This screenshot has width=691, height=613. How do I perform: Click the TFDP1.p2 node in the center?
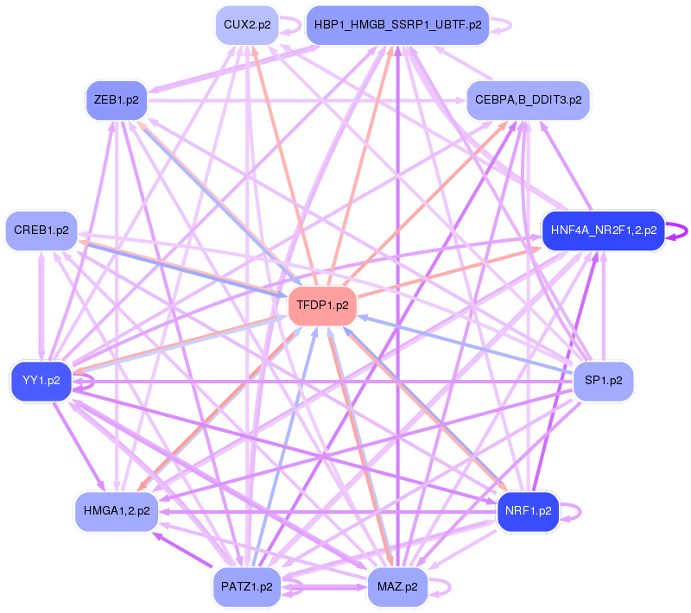[x=322, y=306]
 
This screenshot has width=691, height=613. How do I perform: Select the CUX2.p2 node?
[x=247, y=25]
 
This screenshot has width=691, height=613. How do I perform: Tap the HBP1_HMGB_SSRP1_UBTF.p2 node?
[x=397, y=25]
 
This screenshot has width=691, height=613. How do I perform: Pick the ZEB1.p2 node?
[x=116, y=100]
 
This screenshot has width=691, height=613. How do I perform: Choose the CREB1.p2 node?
[x=41, y=231]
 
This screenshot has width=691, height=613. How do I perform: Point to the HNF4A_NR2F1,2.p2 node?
[x=602, y=231]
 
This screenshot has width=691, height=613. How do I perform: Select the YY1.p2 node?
[x=41, y=381]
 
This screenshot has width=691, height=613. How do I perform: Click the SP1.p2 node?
[x=604, y=381]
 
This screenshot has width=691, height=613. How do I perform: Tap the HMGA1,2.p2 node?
[x=116, y=511]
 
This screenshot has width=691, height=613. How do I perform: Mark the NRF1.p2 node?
[x=528, y=511]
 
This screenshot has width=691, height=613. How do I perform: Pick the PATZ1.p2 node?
[x=247, y=586]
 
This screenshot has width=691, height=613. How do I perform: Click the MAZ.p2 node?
[x=397, y=586]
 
